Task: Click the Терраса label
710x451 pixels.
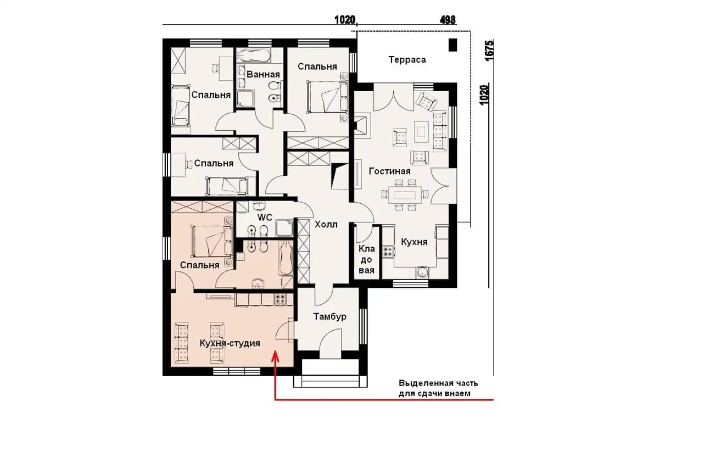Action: click(x=407, y=60)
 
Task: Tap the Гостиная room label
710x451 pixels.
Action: click(x=389, y=171)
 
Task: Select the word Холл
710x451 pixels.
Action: click(x=326, y=225)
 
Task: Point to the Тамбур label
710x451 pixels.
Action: click(x=329, y=316)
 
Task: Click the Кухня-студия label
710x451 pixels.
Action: click(x=230, y=343)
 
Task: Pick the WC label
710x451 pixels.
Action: click(x=265, y=218)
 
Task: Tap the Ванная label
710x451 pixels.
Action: click(x=263, y=75)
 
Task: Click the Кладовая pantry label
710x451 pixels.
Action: click(x=366, y=259)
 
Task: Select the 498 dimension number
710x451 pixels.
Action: click(x=448, y=20)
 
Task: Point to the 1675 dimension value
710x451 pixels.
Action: click(x=489, y=50)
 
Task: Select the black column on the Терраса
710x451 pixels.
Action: click(x=452, y=44)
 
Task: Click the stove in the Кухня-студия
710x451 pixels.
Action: click(x=280, y=299)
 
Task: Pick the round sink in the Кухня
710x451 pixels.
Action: click(x=422, y=272)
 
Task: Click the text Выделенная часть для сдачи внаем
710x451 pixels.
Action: click(x=438, y=388)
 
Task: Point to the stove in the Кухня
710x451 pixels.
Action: click(x=388, y=252)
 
